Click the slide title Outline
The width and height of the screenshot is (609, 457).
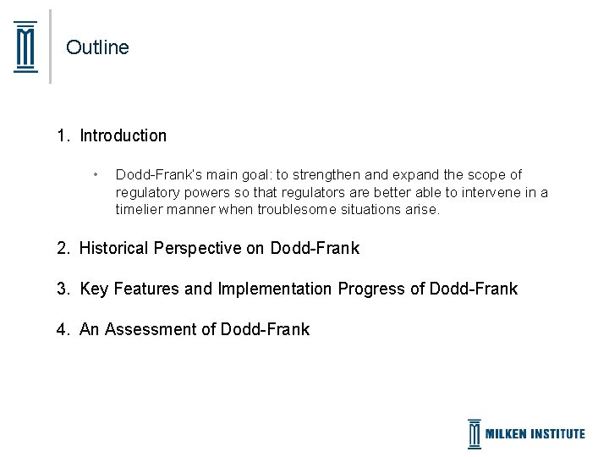(97, 47)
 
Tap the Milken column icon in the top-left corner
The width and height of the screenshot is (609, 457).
(26, 47)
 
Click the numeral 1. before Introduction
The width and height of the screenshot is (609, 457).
(63, 135)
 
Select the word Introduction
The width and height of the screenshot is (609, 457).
(123, 135)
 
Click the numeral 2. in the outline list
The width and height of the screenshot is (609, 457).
(63, 248)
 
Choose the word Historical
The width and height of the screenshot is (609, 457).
(114, 248)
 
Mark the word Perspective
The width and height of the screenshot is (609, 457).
(200, 248)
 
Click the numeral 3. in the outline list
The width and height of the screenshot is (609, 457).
(63, 289)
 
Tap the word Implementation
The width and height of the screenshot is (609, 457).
(275, 289)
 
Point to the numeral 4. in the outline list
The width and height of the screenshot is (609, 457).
(63, 329)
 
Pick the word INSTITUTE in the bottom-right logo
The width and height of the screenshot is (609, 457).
(554, 433)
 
